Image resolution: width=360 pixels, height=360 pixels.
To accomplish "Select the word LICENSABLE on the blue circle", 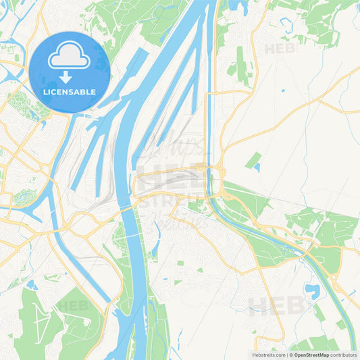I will tap(70, 92).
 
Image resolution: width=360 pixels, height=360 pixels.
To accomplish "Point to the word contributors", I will tap(344, 354).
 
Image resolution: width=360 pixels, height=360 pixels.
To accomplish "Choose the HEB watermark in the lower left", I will tap(72, 305).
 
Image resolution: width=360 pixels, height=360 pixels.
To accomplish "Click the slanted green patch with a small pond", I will tap(254, 161).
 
